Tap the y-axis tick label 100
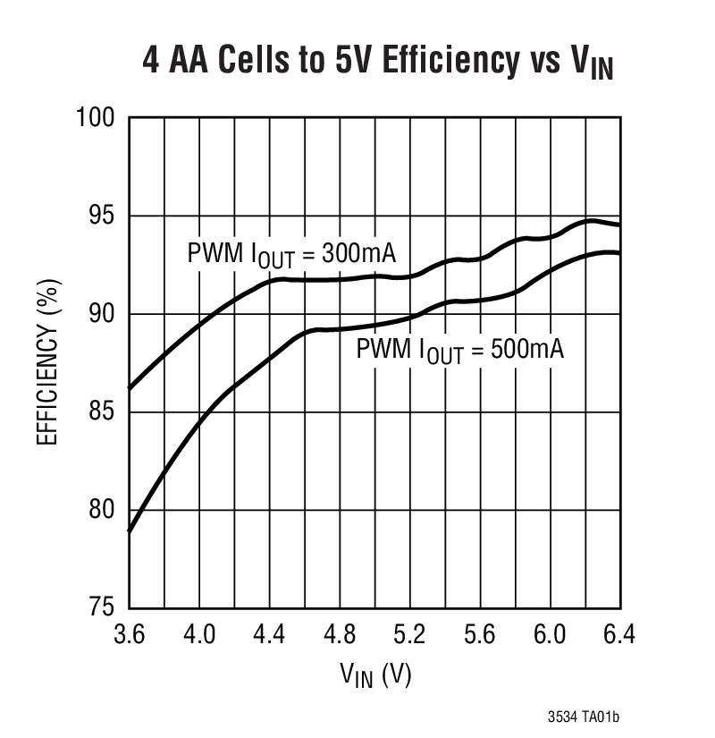(97, 118)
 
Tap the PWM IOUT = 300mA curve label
(291, 254)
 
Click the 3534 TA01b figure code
(585, 718)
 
